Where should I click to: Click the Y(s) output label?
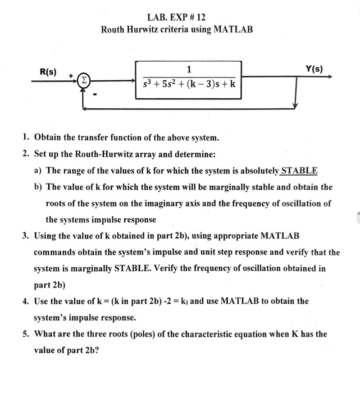(314, 69)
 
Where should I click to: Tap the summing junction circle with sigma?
(84, 81)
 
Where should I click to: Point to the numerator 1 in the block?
(189, 69)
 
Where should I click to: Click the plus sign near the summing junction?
(71, 75)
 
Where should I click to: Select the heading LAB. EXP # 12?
(177, 15)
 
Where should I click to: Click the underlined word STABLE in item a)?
(299, 170)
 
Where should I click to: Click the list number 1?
(26, 138)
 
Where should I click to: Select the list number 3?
(26, 235)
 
